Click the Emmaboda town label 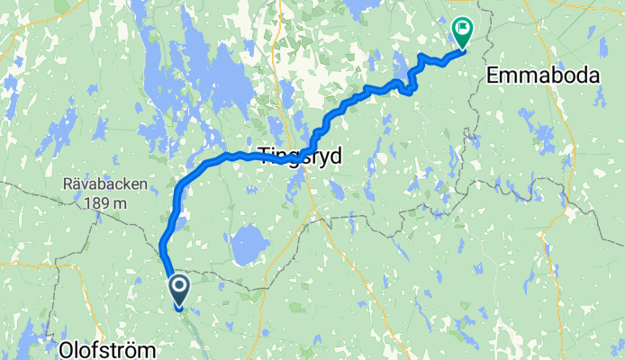(x=542, y=76)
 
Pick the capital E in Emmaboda (x=492, y=76)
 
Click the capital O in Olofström (x=67, y=347)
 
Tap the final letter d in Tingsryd (x=336, y=156)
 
